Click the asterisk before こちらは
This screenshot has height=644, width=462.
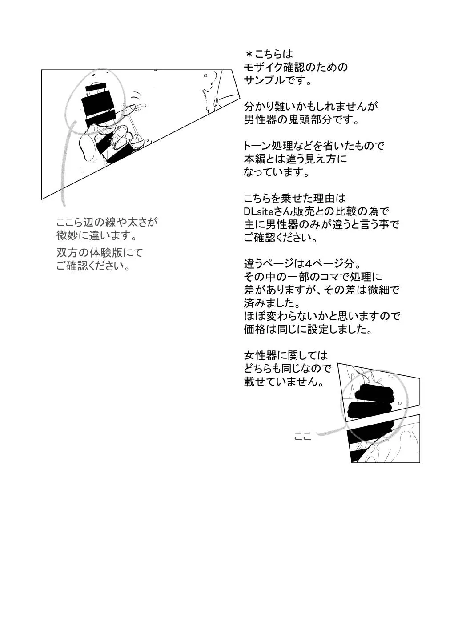coord(249,54)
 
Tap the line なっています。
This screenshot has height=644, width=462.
coord(277,172)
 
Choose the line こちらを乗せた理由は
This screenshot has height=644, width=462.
coord(295,198)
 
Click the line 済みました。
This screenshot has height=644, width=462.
coord(271,303)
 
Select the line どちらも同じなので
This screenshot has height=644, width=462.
coord(288,369)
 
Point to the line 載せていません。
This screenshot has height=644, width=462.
coord(283,382)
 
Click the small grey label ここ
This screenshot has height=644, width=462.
coord(303,437)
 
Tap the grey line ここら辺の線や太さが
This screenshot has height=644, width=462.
coord(107,222)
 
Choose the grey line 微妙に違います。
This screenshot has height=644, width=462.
coord(96,235)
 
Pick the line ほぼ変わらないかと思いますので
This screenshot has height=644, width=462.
coord(322,316)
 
